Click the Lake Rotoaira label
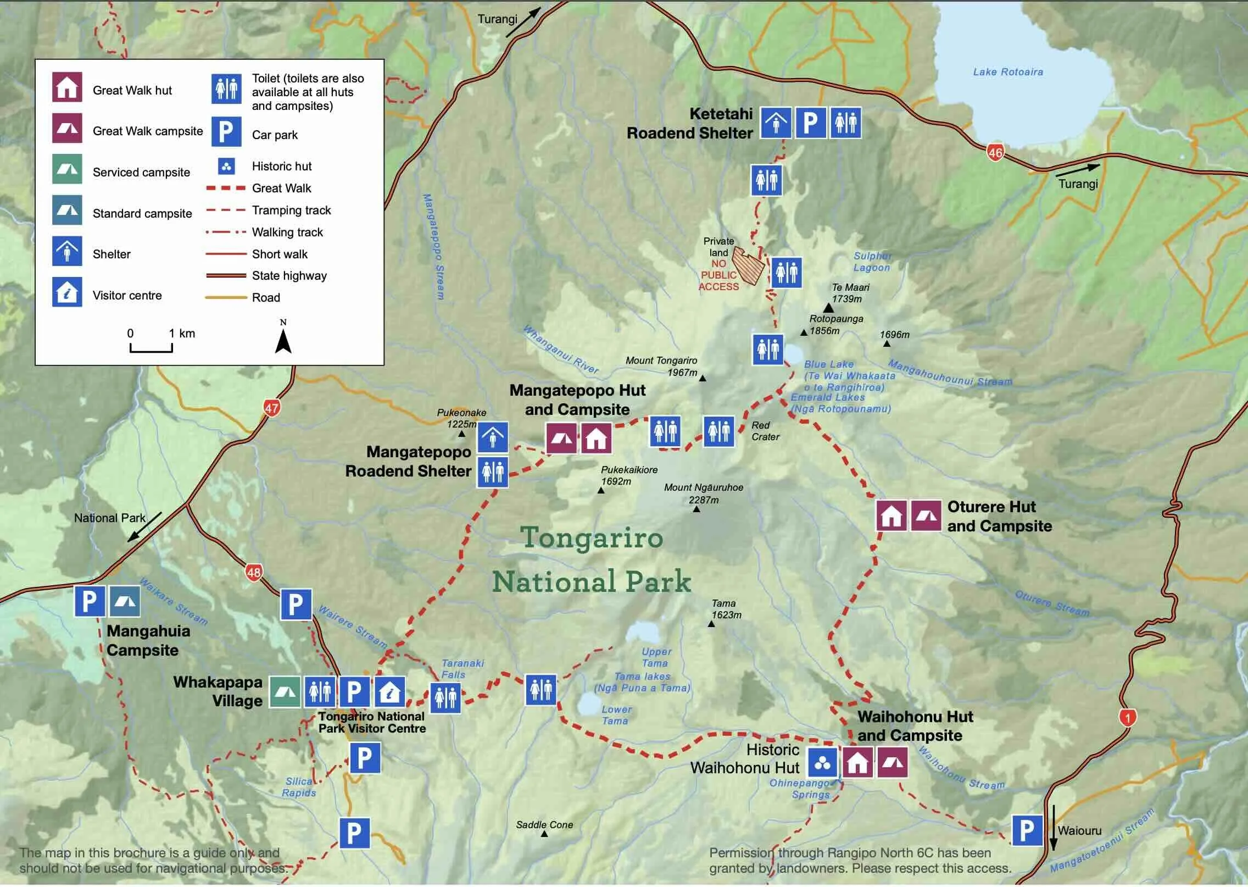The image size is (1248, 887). tap(1007, 72)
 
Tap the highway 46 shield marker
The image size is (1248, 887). tap(995, 152)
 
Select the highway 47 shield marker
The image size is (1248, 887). tap(272, 408)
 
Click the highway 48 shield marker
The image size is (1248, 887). tap(253, 573)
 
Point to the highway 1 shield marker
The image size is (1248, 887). tap(1127, 717)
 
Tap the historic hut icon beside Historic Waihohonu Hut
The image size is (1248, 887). tap(822, 762)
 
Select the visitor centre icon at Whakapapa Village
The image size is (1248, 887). tap(389, 692)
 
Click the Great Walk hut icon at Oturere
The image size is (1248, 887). tap(891, 515)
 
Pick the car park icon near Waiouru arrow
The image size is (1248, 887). tap(1027, 830)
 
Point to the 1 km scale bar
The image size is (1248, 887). tap(151, 348)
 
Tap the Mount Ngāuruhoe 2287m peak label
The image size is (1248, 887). tap(703, 494)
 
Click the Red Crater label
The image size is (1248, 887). tap(765, 431)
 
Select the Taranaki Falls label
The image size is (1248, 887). tap(462, 669)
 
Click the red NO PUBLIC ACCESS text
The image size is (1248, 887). tap(718, 275)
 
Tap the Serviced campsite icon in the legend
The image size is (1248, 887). tap(67, 169)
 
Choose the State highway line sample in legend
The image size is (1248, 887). tap(226, 276)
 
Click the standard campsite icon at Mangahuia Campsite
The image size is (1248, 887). tap(124, 601)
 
